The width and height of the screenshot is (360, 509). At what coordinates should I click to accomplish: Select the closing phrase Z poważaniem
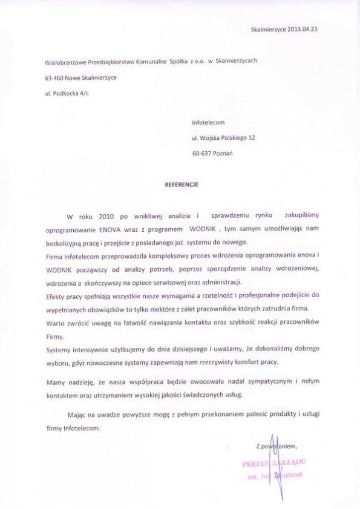click(277, 446)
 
